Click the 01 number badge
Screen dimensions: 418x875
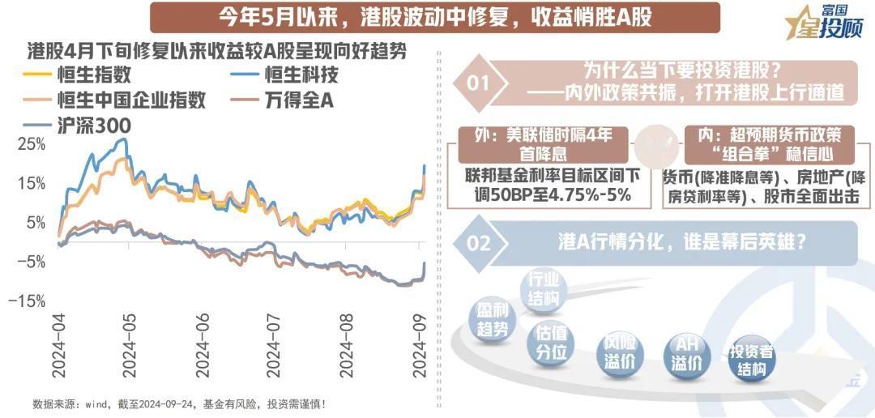pos(479,83)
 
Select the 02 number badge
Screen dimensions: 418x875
pos(479,243)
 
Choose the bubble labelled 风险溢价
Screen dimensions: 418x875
pos(618,354)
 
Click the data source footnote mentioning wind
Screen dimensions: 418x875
pos(179,404)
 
